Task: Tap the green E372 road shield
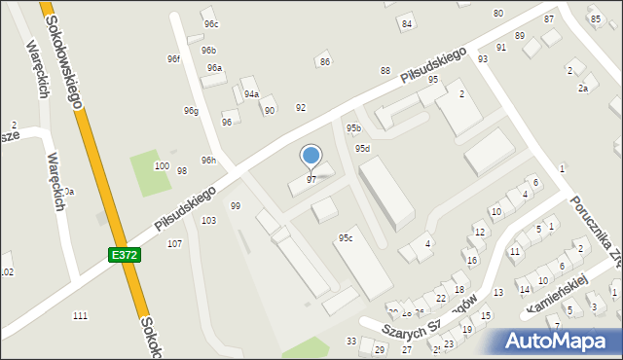124,254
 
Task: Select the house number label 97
311,180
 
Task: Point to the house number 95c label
345,237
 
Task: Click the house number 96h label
208,160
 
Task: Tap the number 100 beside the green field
162,166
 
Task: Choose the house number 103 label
208,221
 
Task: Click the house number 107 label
174,243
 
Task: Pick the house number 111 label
80,315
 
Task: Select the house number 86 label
325,62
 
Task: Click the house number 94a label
251,94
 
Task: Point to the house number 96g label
191,111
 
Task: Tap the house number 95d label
362,149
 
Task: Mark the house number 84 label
407,23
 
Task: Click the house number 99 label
235,205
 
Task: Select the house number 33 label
351,341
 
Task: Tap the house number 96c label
210,24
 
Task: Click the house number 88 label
385,71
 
